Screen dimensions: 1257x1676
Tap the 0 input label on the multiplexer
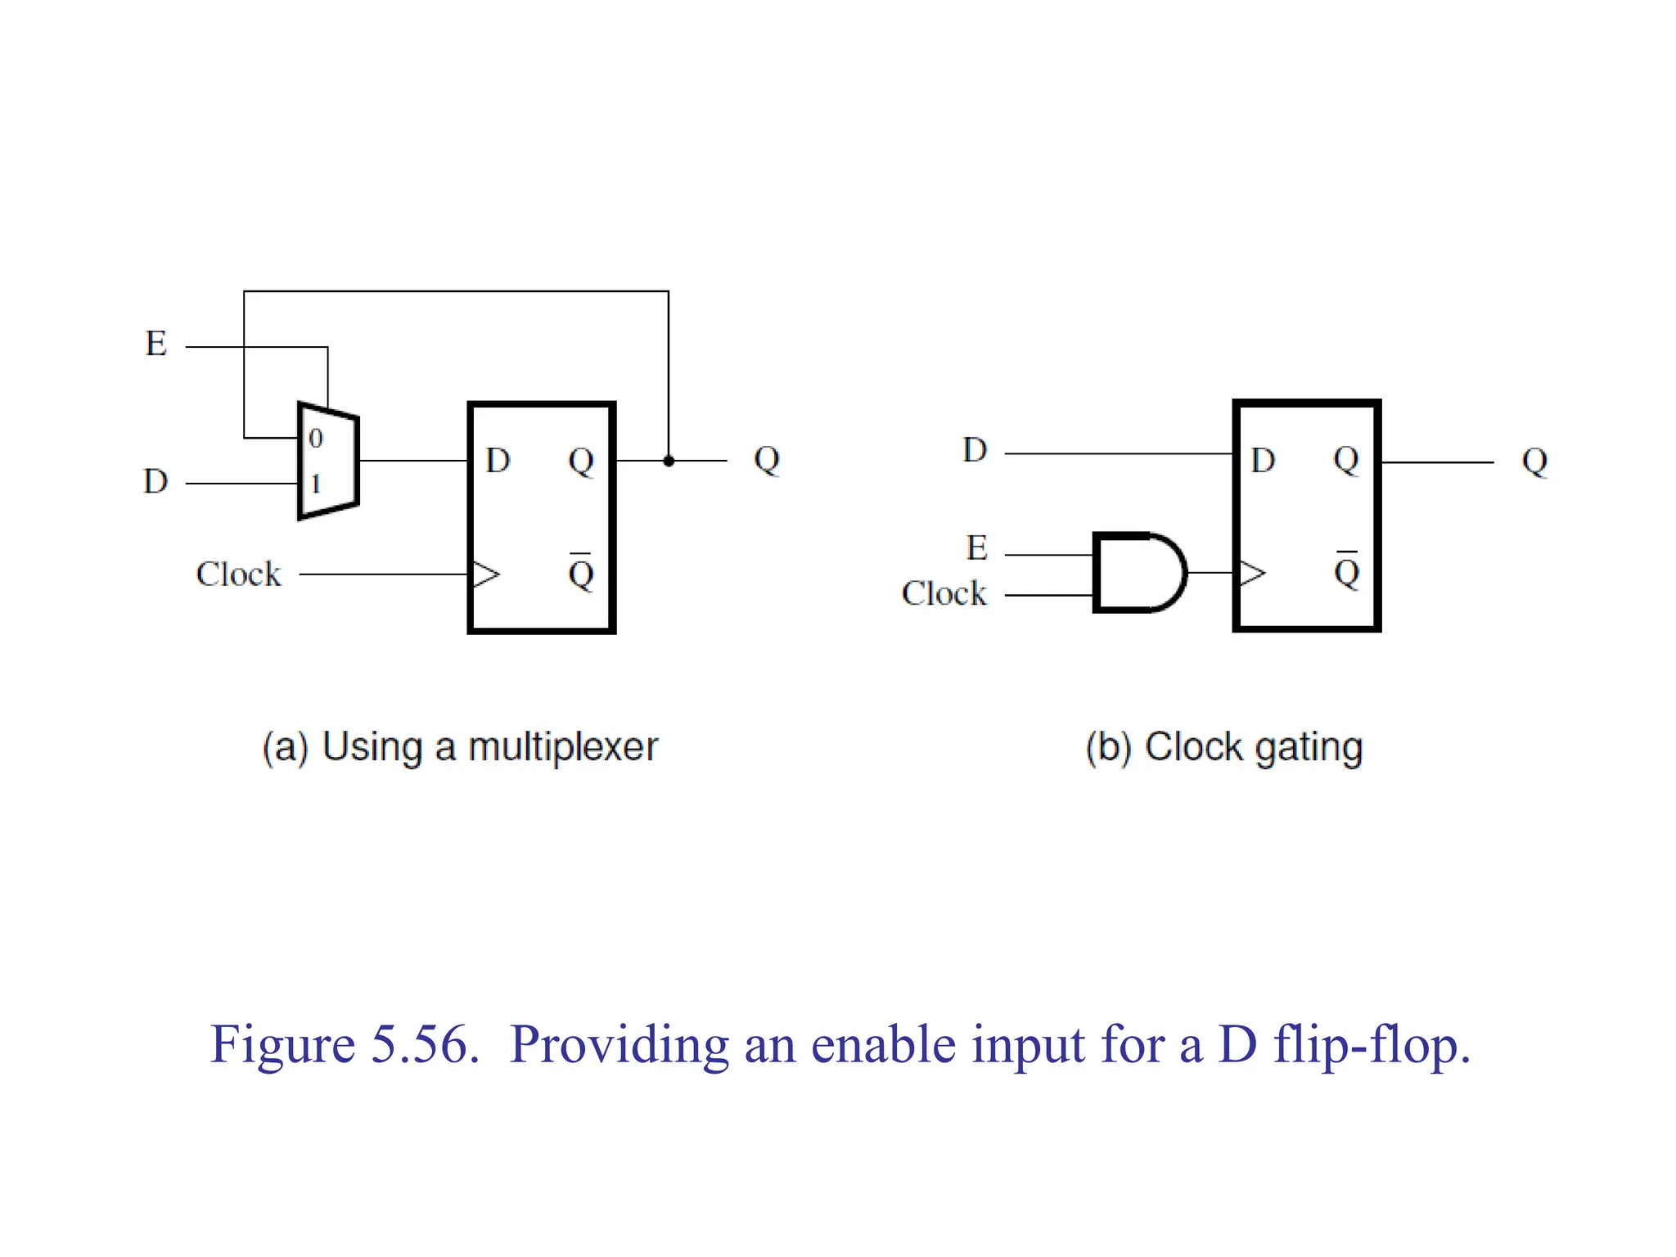(x=316, y=439)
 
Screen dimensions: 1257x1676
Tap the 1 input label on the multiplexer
(x=315, y=484)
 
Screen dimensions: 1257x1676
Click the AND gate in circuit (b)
(x=1138, y=573)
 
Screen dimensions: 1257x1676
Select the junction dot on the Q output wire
(x=669, y=461)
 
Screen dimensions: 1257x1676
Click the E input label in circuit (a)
(x=155, y=344)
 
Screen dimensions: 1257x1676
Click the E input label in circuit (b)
(x=976, y=548)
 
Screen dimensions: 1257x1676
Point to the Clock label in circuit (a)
(x=238, y=574)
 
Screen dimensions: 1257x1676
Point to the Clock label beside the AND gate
(x=944, y=593)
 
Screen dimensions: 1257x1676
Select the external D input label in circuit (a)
(x=155, y=481)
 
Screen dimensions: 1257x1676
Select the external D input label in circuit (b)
(x=975, y=450)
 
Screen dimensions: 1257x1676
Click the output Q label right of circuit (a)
(x=767, y=460)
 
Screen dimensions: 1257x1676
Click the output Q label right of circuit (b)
(x=1534, y=462)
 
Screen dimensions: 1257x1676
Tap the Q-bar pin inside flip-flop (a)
(x=580, y=573)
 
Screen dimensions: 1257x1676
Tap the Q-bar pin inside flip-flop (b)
(x=1346, y=570)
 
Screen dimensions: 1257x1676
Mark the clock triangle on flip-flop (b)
(x=1252, y=573)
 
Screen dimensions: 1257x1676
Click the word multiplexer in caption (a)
(x=562, y=747)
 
